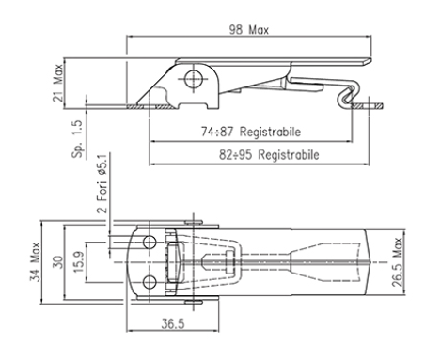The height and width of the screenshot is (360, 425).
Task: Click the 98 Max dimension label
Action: coord(249,30)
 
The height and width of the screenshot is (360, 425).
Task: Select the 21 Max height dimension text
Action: coord(58,83)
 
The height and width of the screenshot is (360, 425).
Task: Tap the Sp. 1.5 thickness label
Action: coord(77,139)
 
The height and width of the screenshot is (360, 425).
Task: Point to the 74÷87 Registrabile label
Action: coord(251,132)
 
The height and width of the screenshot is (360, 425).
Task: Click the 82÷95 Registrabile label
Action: coord(269,155)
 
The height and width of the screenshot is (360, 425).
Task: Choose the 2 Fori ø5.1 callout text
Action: coord(102,183)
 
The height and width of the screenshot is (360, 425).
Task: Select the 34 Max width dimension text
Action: coord(35,261)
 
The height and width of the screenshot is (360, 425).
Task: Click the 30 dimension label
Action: coord(57,262)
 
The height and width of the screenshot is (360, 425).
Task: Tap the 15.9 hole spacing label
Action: coord(78,262)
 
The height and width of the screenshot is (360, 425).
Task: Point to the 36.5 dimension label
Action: coord(173,323)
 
